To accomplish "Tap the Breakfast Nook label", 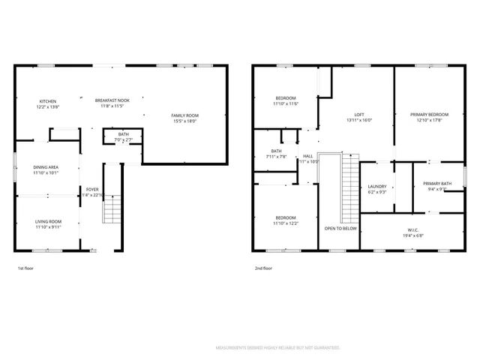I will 112,100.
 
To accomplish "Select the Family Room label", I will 185,115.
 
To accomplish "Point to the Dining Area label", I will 46,167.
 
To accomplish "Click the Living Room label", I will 46,221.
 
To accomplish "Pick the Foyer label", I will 92,189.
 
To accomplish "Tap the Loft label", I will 359,115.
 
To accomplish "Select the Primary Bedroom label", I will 430,115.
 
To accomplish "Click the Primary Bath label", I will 436,184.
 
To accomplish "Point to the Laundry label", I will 376,187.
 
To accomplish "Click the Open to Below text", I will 340,228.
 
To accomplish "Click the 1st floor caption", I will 25,268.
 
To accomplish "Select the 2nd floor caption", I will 264,268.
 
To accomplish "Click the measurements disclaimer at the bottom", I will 278,348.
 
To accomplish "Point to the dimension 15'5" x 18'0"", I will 185,121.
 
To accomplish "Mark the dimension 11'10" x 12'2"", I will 285,223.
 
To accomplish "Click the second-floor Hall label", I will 308,156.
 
